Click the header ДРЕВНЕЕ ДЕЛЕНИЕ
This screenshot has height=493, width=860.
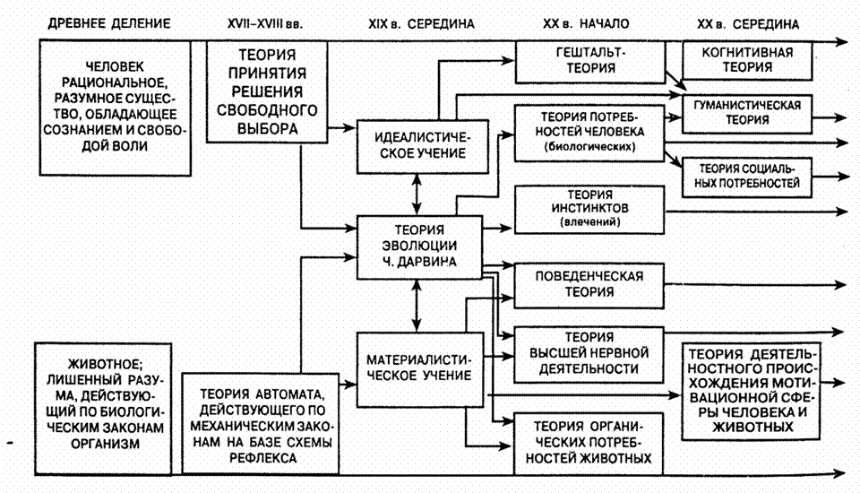tap(99, 24)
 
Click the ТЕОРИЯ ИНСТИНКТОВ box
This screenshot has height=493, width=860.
tap(589, 208)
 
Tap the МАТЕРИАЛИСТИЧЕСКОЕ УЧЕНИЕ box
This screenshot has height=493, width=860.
tap(414, 368)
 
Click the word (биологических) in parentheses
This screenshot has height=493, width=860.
tap(589, 148)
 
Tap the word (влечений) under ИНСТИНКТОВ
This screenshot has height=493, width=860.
tap(589, 221)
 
